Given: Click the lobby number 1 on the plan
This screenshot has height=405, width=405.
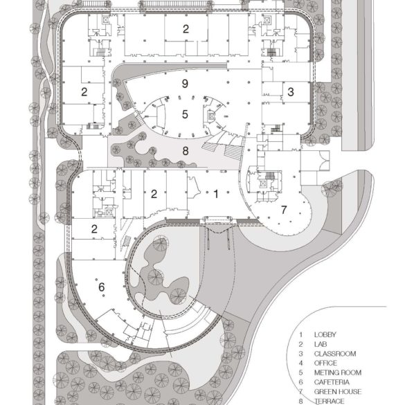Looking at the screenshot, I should tap(216, 195).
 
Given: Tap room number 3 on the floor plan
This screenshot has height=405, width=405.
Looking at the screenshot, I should tap(291, 91).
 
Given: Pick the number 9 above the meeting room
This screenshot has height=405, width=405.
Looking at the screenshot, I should tap(185, 84).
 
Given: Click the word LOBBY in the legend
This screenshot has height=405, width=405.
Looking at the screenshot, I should tap(325, 334).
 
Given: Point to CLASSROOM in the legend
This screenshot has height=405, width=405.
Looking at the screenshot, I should tap(334, 354).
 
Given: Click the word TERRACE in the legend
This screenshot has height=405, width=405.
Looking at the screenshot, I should tap(329, 401).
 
